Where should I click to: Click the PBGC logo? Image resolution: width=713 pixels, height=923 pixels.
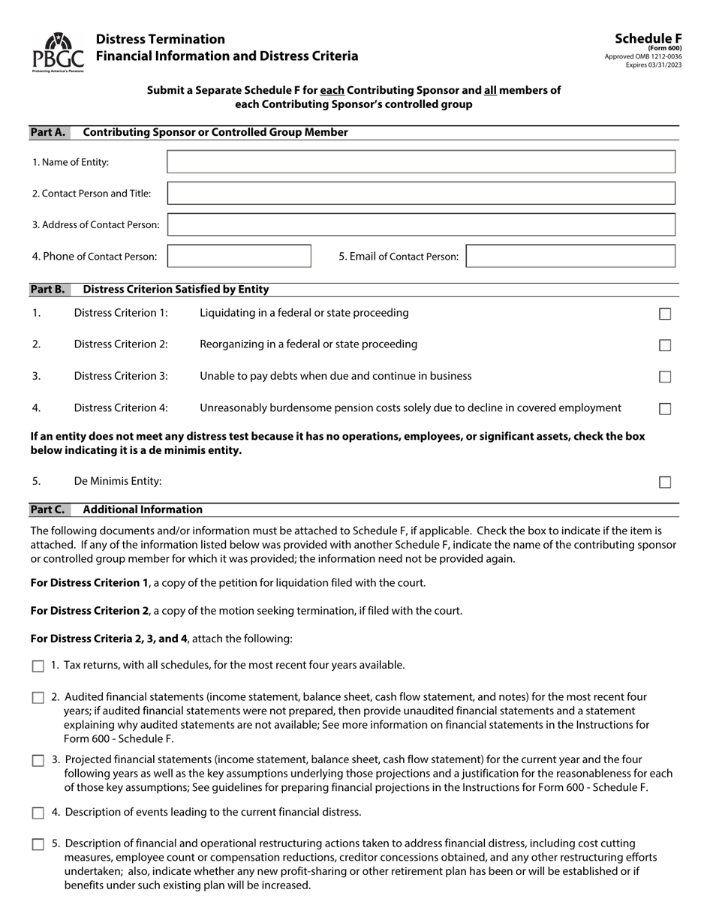[58, 52]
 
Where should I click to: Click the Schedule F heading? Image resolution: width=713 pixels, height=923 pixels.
[648, 39]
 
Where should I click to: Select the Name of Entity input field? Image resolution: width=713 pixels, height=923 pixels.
[420, 162]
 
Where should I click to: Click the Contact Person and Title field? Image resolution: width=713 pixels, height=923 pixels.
[420, 194]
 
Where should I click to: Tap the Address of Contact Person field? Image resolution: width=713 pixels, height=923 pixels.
[420, 224]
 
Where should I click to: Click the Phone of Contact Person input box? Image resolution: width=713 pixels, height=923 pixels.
[239, 256]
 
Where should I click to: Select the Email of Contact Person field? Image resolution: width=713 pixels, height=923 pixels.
[570, 256]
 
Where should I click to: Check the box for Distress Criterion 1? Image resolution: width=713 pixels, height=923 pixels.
[664, 314]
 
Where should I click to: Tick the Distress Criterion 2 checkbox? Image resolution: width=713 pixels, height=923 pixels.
[664, 345]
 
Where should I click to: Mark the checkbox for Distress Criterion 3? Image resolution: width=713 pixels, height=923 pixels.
[664, 377]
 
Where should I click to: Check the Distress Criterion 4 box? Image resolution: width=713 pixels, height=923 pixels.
[664, 409]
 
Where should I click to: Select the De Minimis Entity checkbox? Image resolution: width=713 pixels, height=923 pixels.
[664, 482]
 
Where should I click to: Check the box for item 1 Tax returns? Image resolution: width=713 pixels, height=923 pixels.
[38, 666]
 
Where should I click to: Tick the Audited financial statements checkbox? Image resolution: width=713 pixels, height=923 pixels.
[38, 698]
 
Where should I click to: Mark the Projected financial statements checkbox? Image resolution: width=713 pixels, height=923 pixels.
[38, 760]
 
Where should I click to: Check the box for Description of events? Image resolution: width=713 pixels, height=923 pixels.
[38, 813]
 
